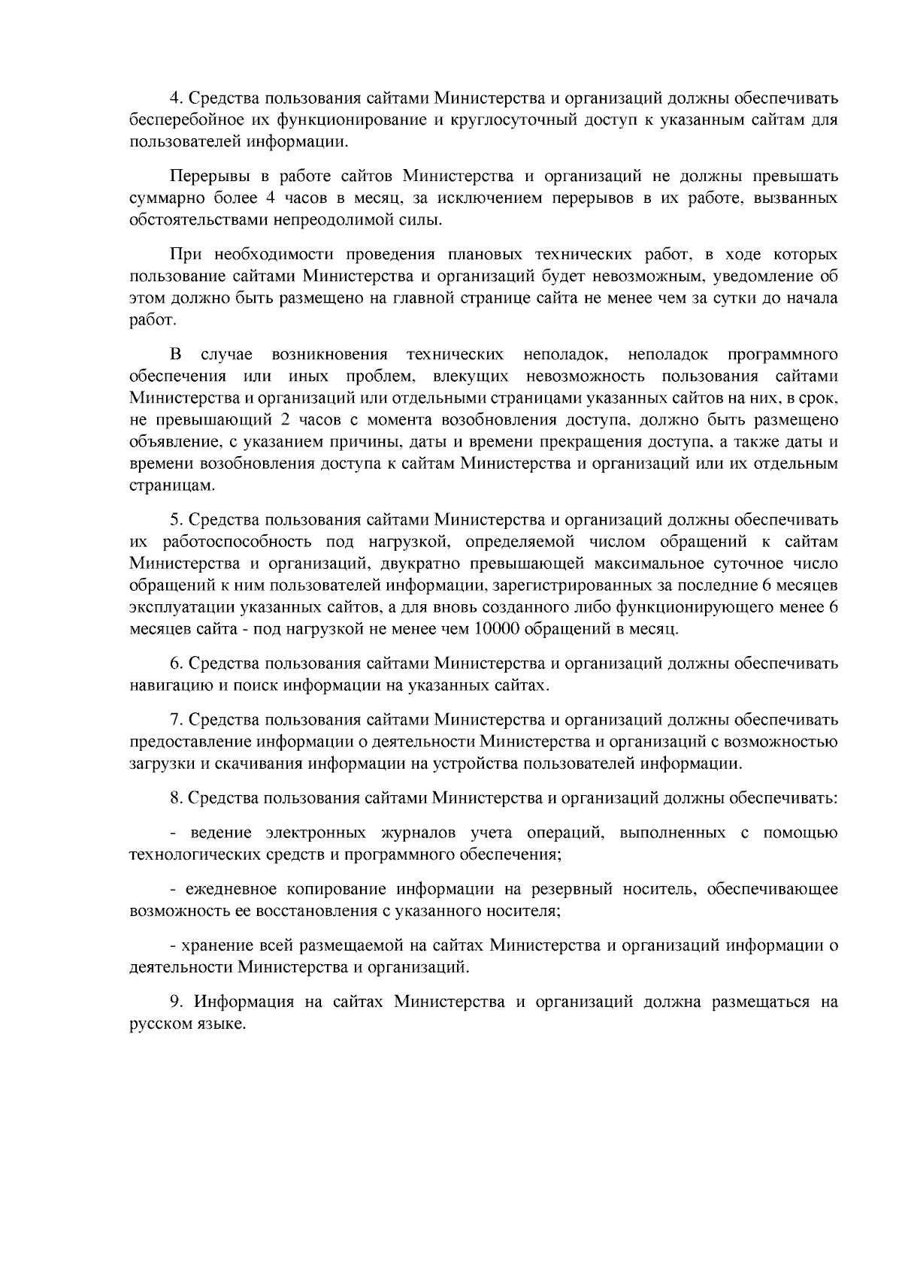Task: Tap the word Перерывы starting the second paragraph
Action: (x=204, y=177)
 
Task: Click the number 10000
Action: (x=496, y=629)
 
